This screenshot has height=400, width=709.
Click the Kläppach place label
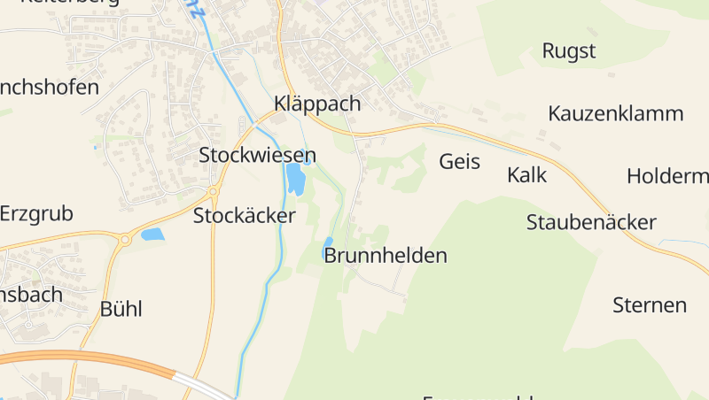pyautogui.click(x=318, y=104)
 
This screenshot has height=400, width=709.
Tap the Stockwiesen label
pyautogui.click(x=257, y=155)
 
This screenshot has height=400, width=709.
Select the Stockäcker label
pyautogui.click(x=245, y=215)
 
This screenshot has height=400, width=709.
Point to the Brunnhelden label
pyautogui.click(x=386, y=256)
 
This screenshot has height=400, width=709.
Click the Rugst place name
pyautogui.click(x=569, y=50)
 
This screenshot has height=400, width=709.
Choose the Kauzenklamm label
pyautogui.click(x=616, y=113)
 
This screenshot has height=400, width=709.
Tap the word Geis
pyautogui.click(x=459, y=161)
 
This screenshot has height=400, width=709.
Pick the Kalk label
pyautogui.click(x=526, y=174)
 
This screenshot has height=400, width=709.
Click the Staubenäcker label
pyautogui.click(x=591, y=221)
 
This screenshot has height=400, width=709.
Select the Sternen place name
pyautogui.click(x=650, y=305)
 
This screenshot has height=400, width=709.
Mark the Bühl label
pyautogui.click(x=121, y=309)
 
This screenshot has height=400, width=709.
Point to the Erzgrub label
pyautogui.click(x=37, y=213)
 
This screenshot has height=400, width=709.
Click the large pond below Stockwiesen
pyautogui.click(x=295, y=181)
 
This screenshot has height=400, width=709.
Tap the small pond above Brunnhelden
pyautogui.click(x=328, y=244)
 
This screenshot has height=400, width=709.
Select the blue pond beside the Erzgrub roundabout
pyautogui.click(x=152, y=235)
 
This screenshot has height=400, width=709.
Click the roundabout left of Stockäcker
pyautogui.click(x=213, y=191)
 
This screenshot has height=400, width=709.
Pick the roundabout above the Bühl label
pyautogui.click(x=125, y=239)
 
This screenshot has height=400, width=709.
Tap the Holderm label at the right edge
pyautogui.click(x=667, y=175)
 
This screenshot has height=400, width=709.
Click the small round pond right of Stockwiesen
pyautogui.click(x=308, y=161)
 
